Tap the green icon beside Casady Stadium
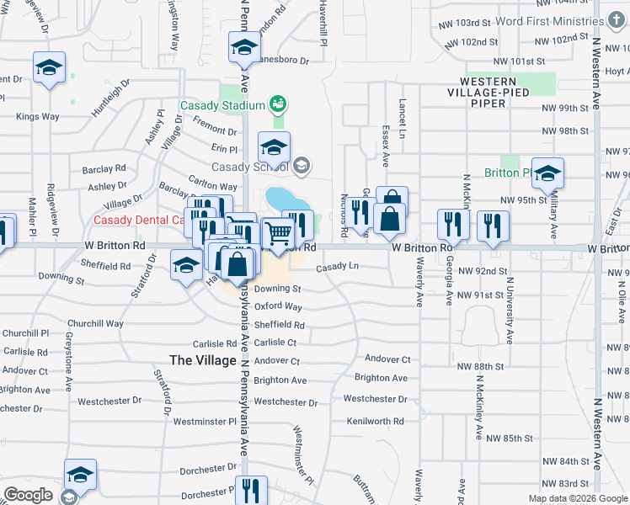(x=277, y=104)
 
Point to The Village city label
(x=203, y=359)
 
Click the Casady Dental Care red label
(x=138, y=221)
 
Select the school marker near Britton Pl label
(x=547, y=173)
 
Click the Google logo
(x=29, y=495)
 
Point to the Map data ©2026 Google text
(x=579, y=498)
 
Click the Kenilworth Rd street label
(x=375, y=421)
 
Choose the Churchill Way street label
(x=95, y=323)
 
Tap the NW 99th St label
(x=564, y=108)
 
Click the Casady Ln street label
(x=338, y=267)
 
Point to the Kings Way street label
(x=37, y=116)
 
